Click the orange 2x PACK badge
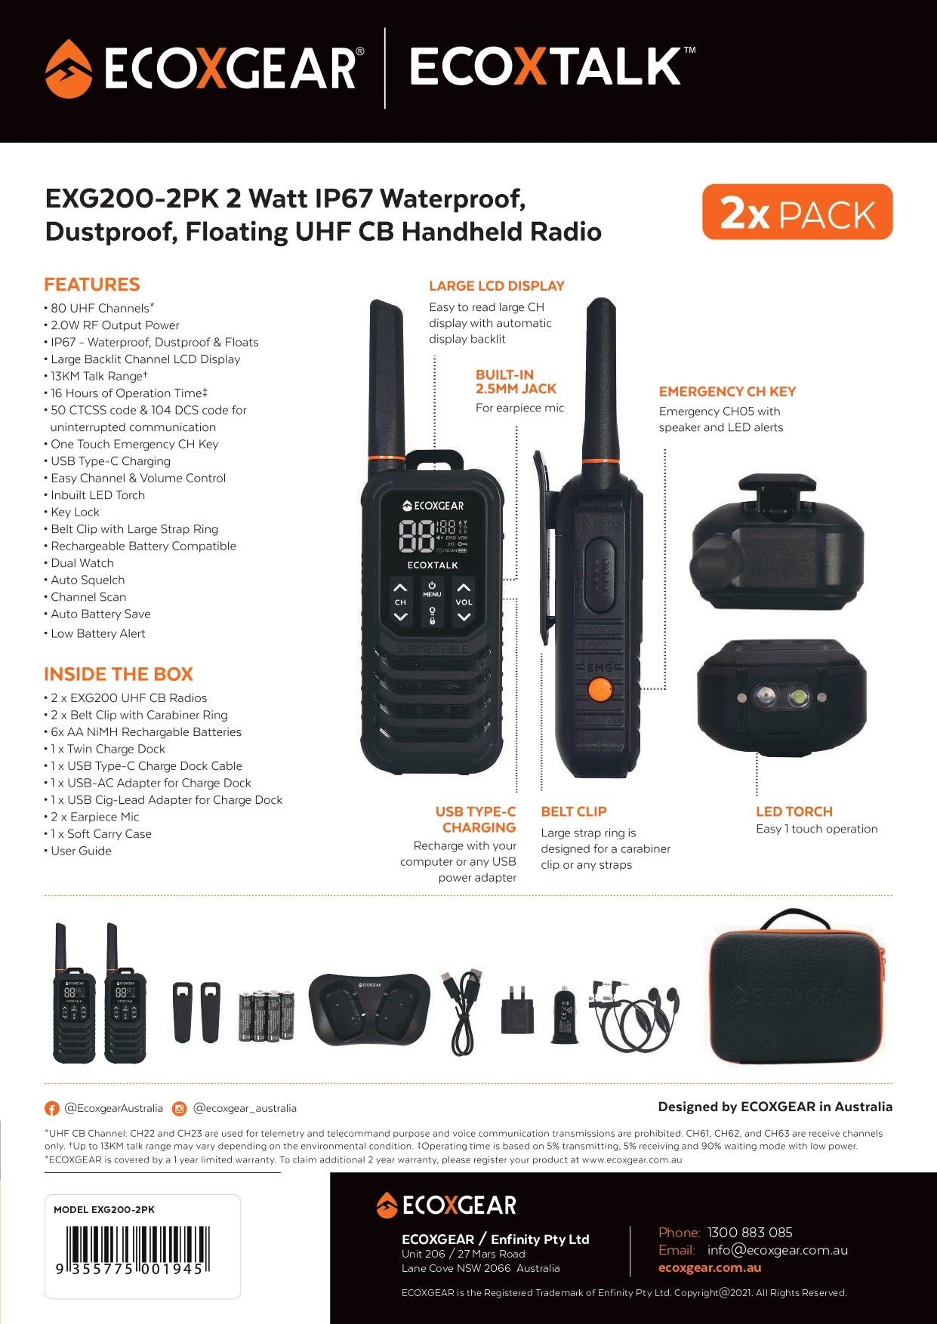tap(797, 212)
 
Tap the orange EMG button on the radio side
tap(599, 689)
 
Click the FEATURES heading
tap(92, 285)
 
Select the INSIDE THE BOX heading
tap(119, 674)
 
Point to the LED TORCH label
tap(794, 811)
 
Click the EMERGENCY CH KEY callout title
tap(727, 392)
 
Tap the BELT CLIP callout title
tap(574, 811)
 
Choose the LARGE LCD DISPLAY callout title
tap(497, 286)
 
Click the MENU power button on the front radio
tap(432, 589)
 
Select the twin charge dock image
tap(369, 1008)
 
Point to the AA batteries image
tap(266, 1016)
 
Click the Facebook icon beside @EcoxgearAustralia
tap(52, 1109)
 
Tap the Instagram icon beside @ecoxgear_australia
tap(180, 1109)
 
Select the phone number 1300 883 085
tap(750, 1233)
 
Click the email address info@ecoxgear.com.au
tap(778, 1250)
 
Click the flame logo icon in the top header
tap(69, 69)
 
